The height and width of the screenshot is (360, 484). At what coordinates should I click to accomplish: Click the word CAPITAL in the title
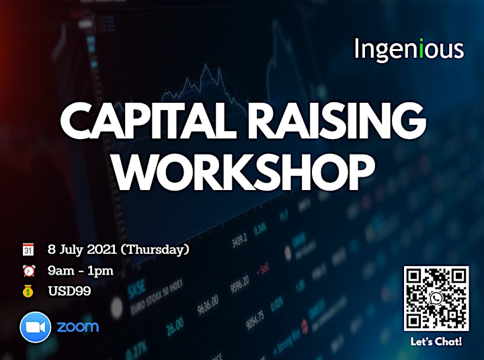click(x=148, y=120)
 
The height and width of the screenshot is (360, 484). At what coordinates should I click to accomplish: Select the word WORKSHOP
click(x=245, y=171)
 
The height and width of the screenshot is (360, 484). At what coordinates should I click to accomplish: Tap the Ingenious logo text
click(x=409, y=49)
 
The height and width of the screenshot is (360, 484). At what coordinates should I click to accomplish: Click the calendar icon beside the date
click(x=28, y=249)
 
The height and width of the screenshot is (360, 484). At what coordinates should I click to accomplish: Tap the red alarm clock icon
click(x=29, y=271)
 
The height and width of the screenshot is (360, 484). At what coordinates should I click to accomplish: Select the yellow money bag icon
click(x=28, y=291)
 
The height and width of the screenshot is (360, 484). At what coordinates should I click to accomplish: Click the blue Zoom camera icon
click(x=35, y=327)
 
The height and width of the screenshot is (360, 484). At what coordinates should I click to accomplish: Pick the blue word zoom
click(x=78, y=326)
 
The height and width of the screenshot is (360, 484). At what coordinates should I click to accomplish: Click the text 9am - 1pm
click(x=81, y=271)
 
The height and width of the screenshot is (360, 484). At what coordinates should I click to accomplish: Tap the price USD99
click(x=69, y=291)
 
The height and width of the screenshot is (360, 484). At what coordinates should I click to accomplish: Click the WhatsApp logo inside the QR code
click(x=436, y=298)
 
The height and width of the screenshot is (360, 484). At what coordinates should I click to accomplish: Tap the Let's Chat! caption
click(x=436, y=341)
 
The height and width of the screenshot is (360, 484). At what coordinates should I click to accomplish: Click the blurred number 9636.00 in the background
click(x=208, y=305)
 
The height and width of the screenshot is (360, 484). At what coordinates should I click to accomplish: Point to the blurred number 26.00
click(x=175, y=326)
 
